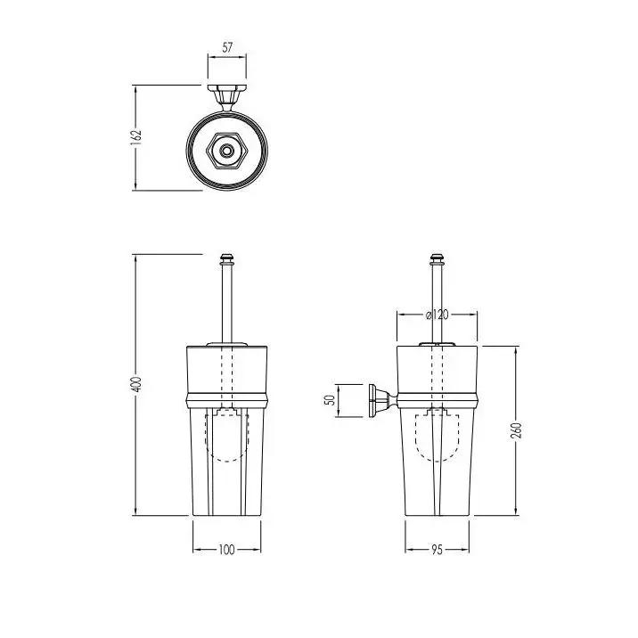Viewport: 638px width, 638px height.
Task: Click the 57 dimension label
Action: pos(227,47)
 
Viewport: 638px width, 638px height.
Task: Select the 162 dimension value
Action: pos(136,136)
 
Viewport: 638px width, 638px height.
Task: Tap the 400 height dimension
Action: pos(137,384)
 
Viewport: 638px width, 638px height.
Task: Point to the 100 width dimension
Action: pos(226,550)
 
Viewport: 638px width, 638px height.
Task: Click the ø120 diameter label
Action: pos(437,315)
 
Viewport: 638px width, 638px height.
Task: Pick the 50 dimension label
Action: pos(331,400)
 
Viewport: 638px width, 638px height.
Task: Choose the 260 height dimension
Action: pos(516,430)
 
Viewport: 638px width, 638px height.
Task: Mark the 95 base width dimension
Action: pos(437,550)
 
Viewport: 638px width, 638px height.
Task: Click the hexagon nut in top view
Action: pos(226,151)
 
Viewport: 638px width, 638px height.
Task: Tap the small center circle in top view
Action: pos(226,151)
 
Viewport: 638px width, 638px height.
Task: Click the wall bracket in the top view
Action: pos(227,98)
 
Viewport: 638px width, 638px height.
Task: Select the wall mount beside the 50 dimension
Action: pos(382,400)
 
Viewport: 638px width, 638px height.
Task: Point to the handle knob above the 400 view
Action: pos(227,259)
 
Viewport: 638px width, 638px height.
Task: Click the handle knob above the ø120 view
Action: pos(437,259)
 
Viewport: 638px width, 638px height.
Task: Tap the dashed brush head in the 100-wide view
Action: pos(226,435)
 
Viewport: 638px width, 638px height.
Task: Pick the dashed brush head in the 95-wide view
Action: pos(437,435)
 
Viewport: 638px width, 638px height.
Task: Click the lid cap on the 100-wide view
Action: pos(227,344)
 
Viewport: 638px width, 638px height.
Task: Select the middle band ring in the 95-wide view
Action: pos(437,400)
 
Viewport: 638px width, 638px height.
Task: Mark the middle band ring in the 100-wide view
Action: pos(227,400)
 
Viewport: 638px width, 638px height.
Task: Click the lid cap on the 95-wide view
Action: pos(437,344)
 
